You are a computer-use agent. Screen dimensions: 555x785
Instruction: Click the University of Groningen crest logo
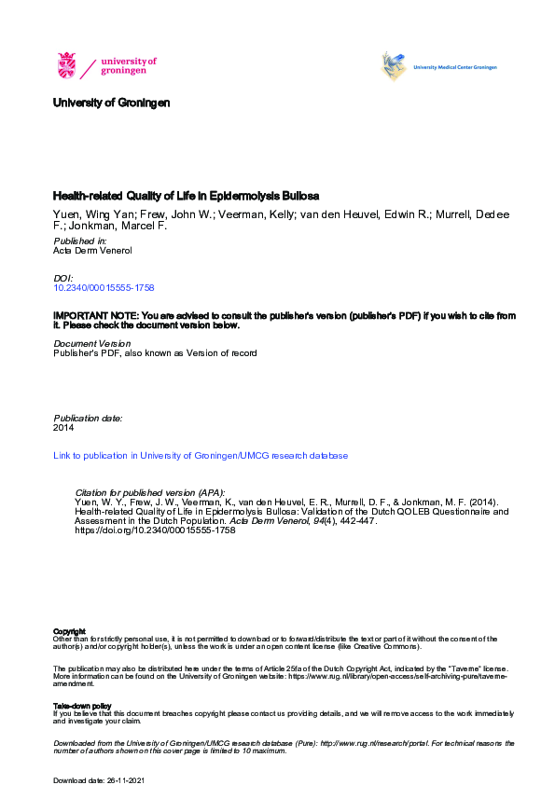tap(67, 65)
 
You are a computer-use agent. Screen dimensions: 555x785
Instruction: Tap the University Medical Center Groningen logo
tap(438, 67)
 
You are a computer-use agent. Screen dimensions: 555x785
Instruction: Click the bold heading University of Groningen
tap(111, 103)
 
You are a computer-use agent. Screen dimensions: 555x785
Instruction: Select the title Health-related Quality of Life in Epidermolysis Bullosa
tap(186, 197)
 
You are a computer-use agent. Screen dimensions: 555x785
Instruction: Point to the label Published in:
tap(80, 241)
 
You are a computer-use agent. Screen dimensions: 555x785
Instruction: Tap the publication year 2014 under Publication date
tap(63, 428)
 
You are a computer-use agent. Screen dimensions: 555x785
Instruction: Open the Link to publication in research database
tap(201, 456)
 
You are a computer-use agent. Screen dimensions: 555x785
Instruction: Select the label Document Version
tap(92, 344)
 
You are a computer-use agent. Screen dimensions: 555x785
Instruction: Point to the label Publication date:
tap(88, 419)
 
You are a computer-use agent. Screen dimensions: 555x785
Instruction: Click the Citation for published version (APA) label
tap(149, 492)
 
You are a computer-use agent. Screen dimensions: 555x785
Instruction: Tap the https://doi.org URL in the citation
tap(154, 530)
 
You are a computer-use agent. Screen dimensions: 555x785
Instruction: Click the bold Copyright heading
tap(70, 631)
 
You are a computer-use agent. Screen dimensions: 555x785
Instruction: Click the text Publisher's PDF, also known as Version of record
tap(155, 353)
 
